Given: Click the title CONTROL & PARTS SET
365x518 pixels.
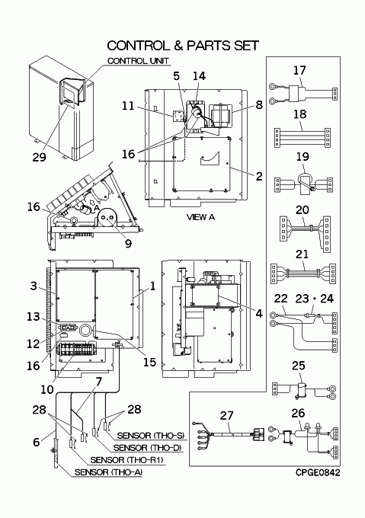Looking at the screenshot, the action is point(183,46).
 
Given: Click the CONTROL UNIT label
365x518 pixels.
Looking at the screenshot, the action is point(138,61).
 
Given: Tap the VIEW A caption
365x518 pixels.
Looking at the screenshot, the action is point(200,217).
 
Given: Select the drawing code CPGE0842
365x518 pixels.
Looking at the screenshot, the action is point(318,473).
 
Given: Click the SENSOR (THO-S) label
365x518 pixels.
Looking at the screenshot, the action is point(150,436).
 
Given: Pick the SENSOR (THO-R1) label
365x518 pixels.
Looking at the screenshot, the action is point(126,460).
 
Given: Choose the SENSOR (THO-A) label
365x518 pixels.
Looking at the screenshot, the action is point(108,472).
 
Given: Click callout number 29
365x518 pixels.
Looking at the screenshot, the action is point(39,157).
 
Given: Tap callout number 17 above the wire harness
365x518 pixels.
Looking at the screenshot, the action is point(299,70).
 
